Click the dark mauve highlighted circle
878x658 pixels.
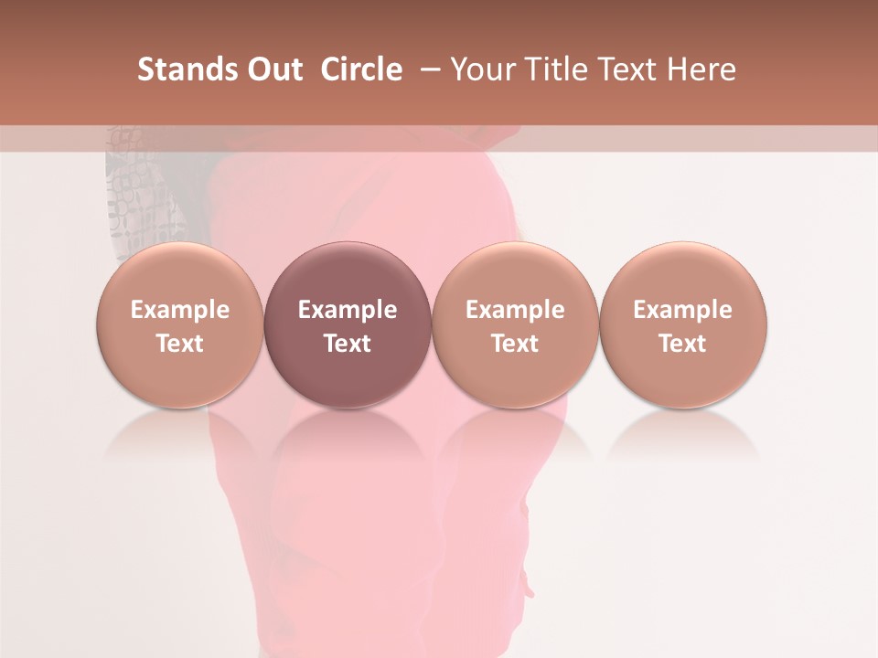tap(348, 325)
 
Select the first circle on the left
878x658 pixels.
tap(180, 325)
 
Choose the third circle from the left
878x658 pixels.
tap(515, 325)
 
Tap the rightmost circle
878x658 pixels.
tap(683, 325)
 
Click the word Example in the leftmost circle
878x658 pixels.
tap(180, 310)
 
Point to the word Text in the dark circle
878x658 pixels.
tap(348, 344)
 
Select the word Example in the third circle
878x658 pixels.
tap(515, 310)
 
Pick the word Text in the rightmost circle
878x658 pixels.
tap(683, 344)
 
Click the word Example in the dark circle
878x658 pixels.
tap(348, 310)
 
